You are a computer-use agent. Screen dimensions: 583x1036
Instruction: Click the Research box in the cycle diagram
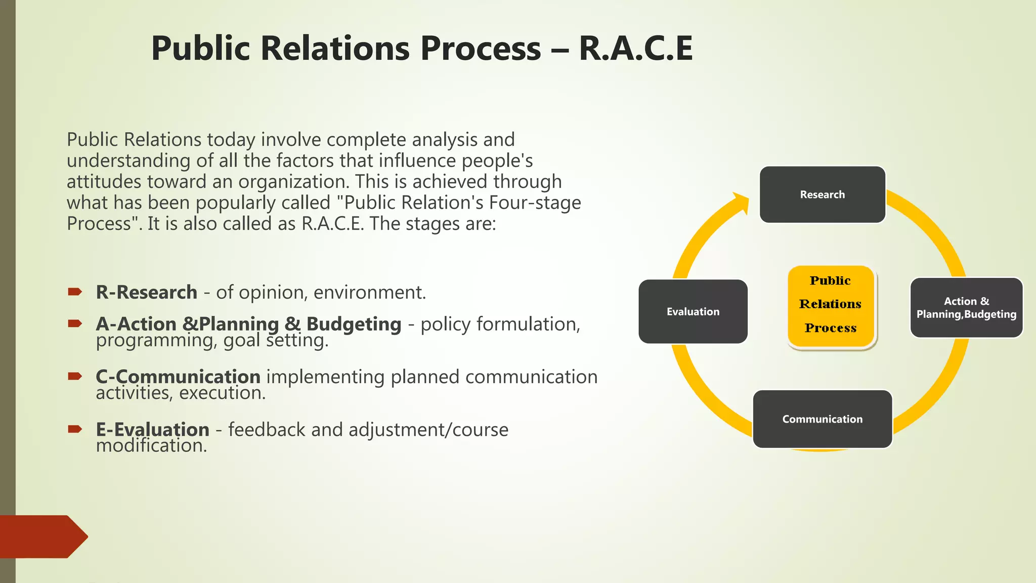tap(822, 194)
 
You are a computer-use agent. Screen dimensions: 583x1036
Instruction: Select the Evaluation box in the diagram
tap(693, 311)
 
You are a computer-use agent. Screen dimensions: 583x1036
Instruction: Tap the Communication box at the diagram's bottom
tap(822, 419)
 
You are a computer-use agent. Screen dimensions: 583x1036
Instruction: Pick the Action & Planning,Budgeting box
tap(966, 308)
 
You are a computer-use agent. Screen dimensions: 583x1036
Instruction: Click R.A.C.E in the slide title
tap(635, 49)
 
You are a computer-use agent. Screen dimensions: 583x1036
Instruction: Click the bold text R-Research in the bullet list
tap(146, 293)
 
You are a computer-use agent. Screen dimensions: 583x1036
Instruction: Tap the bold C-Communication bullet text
tap(178, 377)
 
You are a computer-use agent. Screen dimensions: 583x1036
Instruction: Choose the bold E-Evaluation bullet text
tap(152, 429)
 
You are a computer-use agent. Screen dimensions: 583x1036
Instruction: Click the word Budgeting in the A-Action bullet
tap(354, 324)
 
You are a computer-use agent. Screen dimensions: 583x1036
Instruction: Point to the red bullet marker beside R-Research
tap(75, 291)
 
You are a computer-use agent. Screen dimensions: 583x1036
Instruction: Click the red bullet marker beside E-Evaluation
tap(75, 429)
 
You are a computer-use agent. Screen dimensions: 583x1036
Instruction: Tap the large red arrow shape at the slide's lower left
tap(43, 536)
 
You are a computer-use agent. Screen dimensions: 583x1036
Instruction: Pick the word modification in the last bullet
tap(151, 445)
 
